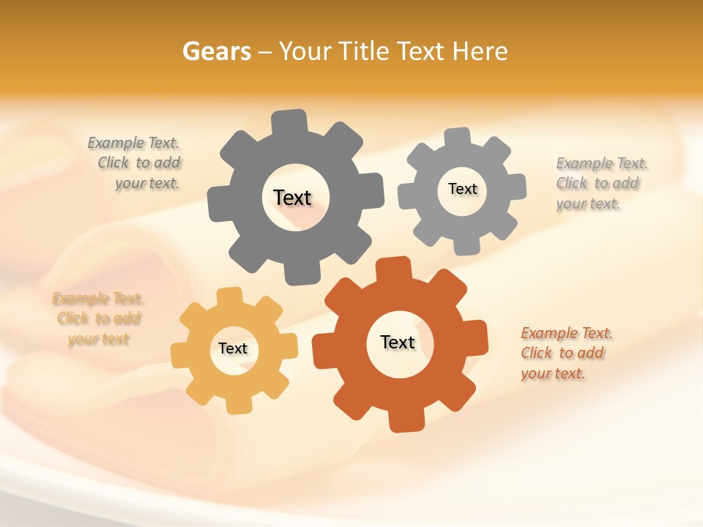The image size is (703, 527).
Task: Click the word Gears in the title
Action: (x=216, y=51)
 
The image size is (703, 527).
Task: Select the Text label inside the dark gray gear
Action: (x=292, y=198)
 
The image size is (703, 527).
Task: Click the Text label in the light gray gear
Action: (x=462, y=189)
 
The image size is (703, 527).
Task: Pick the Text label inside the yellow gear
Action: (x=233, y=348)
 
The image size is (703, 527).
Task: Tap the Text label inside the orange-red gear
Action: (x=398, y=342)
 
